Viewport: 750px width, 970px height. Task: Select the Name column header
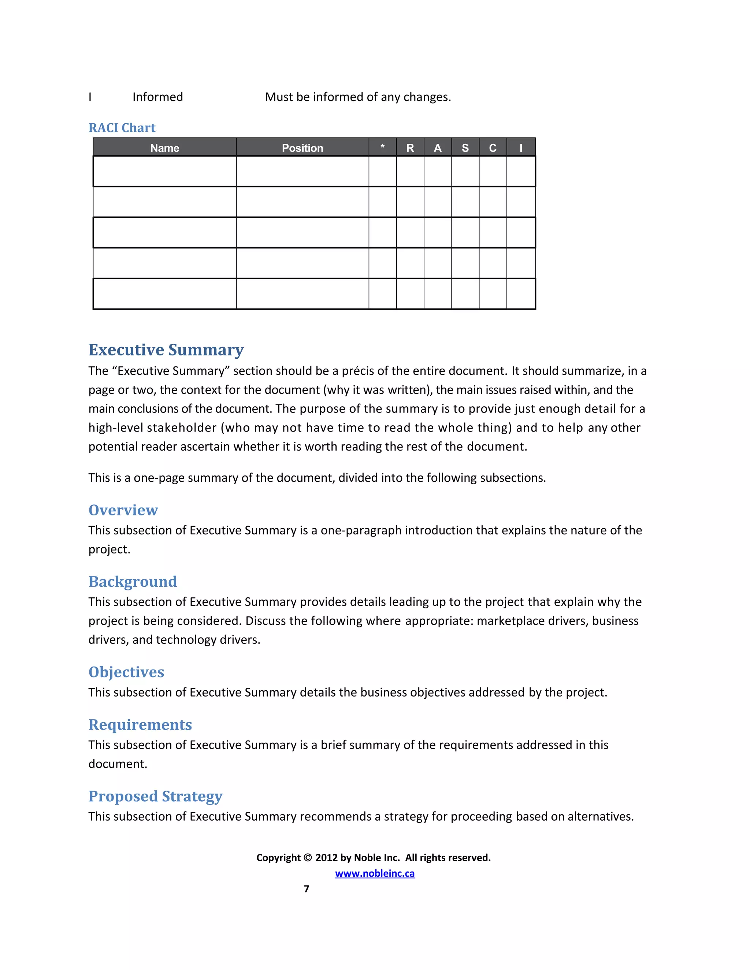coord(164,148)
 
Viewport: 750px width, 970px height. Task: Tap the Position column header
coord(302,148)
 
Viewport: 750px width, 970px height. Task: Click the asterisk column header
coord(382,147)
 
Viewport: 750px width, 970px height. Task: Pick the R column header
coord(410,148)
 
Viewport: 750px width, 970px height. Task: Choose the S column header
coord(465,148)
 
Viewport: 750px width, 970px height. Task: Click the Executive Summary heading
coord(166,350)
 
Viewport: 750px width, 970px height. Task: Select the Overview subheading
coord(123,510)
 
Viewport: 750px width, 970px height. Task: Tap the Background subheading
coord(133,581)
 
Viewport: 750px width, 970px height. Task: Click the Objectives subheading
coord(126,672)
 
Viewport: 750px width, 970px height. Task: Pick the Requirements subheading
coord(140,724)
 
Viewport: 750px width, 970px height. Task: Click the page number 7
coord(306,889)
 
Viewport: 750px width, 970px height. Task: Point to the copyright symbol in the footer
coord(308,858)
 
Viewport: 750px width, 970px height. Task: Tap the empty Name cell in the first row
coord(164,171)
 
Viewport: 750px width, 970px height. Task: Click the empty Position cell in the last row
coord(302,294)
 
